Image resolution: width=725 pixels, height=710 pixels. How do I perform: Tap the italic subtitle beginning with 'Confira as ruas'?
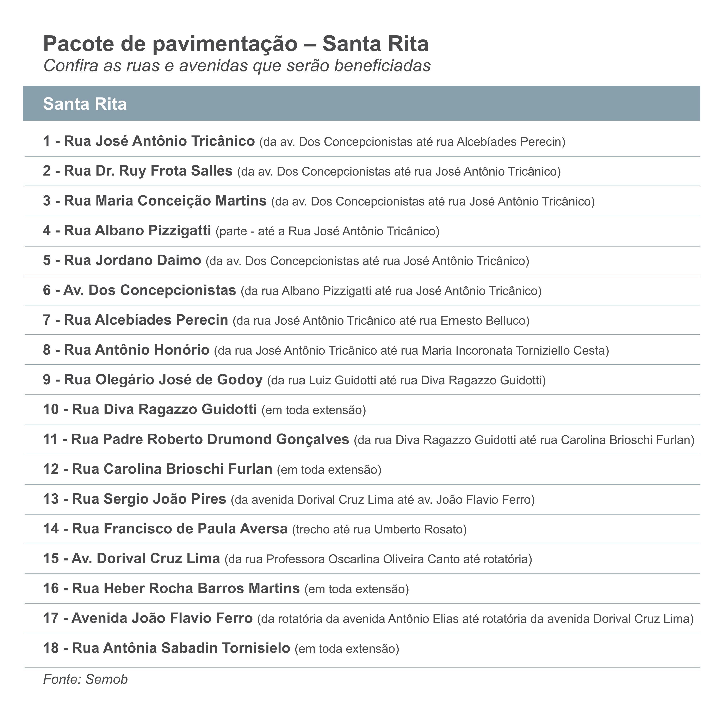click(x=237, y=66)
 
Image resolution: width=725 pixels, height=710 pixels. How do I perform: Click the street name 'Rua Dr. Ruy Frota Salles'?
click(x=148, y=171)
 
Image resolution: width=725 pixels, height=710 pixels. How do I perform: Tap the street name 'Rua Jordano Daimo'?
click(x=132, y=260)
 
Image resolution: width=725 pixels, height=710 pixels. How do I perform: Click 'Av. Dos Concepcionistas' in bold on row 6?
click(x=150, y=290)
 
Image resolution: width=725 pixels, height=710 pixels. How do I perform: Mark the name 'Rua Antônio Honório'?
click(x=137, y=350)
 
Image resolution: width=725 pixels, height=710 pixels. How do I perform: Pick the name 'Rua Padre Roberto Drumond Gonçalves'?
click(x=210, y=439)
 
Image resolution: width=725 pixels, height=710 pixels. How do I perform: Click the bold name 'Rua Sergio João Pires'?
click(x=149, y=499)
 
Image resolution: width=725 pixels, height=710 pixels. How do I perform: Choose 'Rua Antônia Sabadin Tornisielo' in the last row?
click(x=181, y=648)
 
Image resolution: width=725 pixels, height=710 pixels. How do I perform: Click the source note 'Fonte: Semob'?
click(x=85, y=679)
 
